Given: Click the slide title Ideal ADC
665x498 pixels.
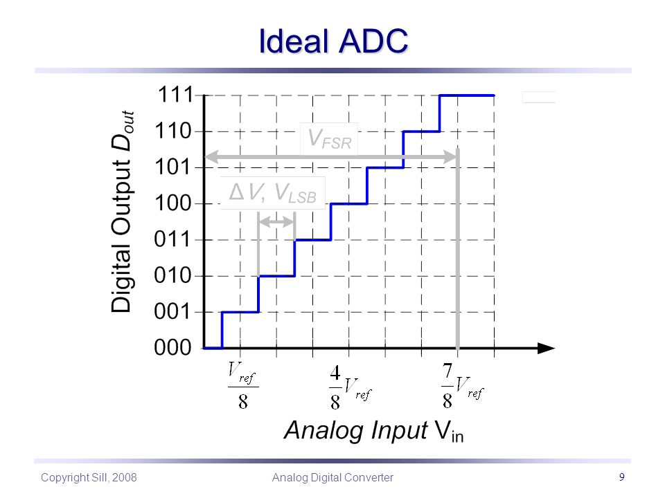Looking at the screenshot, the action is [x=333, y=41].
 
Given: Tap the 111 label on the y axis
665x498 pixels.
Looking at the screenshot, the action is [x=175, y=95].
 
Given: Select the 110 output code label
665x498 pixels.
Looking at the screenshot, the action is [x=173, y=131].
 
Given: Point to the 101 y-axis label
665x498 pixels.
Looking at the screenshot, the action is [x=173, y=167].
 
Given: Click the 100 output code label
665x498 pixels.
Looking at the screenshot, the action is [x=173, y=203].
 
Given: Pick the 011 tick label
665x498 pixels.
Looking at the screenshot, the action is [x=173, y=239].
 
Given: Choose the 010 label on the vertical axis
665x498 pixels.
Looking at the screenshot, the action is [x=173, y=276].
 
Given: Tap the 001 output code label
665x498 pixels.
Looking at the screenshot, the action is [x=173, y=312].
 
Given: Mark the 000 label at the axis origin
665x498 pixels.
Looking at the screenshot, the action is [x=173, y=348].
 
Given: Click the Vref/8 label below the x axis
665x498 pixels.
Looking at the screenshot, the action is [x=243, y=385].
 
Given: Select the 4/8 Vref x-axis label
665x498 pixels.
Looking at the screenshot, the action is [x=351, y=387].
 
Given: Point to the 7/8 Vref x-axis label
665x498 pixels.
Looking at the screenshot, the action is [x=462, y=386].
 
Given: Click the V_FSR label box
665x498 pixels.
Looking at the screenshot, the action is [x=329, y=139].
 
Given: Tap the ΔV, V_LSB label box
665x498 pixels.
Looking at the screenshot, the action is [x=273, y=193].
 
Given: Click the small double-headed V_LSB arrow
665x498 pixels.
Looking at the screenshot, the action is [x=276, y=221].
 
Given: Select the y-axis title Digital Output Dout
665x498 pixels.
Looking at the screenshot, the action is [x=123, y=212].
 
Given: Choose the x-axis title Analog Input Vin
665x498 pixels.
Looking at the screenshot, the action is [x=373, y=431].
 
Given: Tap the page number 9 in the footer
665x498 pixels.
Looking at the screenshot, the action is [x=622, y=477].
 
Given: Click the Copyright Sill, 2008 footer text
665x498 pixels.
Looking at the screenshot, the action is [x=89, y=478].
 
